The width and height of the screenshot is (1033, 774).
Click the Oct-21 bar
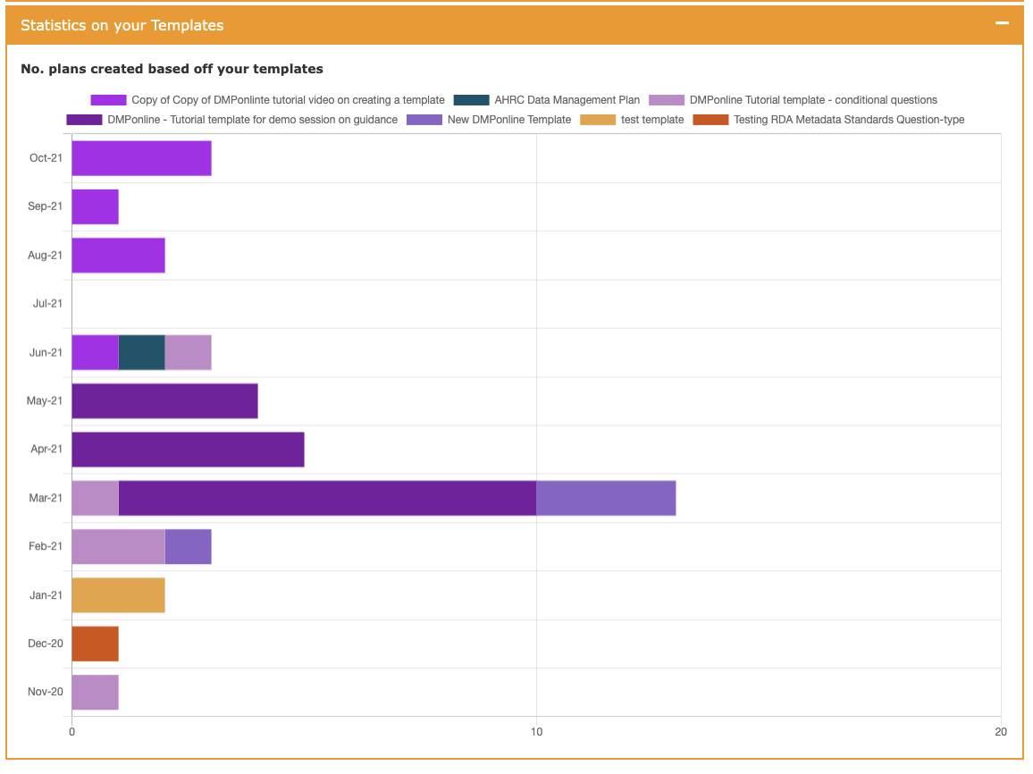[x=141, y=158]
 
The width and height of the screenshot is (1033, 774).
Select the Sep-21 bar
[x=95, y=206]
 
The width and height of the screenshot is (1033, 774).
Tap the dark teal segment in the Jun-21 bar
[x=141, y=352]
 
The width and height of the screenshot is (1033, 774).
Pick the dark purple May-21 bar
[x=164, y=400]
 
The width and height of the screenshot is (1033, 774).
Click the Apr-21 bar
[x=188, y=449]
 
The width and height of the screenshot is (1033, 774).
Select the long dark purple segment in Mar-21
[x=327, y=498]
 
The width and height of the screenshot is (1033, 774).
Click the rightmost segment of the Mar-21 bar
[x=606, y=498]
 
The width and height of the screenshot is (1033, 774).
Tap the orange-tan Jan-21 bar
[x=118, y=594]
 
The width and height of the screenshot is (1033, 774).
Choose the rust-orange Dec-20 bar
[x=95, y=644]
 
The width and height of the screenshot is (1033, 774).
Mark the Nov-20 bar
[x=95, y=692]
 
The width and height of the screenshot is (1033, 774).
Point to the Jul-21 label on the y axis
[x=47, y=303]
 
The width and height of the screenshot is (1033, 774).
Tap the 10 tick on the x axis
[x=536, y=732]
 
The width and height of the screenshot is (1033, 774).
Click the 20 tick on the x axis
[x=1001, y=732]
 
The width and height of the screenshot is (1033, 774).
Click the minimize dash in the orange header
[x=1003, y=24]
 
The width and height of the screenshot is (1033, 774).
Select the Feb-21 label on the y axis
[x=46, y=546]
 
